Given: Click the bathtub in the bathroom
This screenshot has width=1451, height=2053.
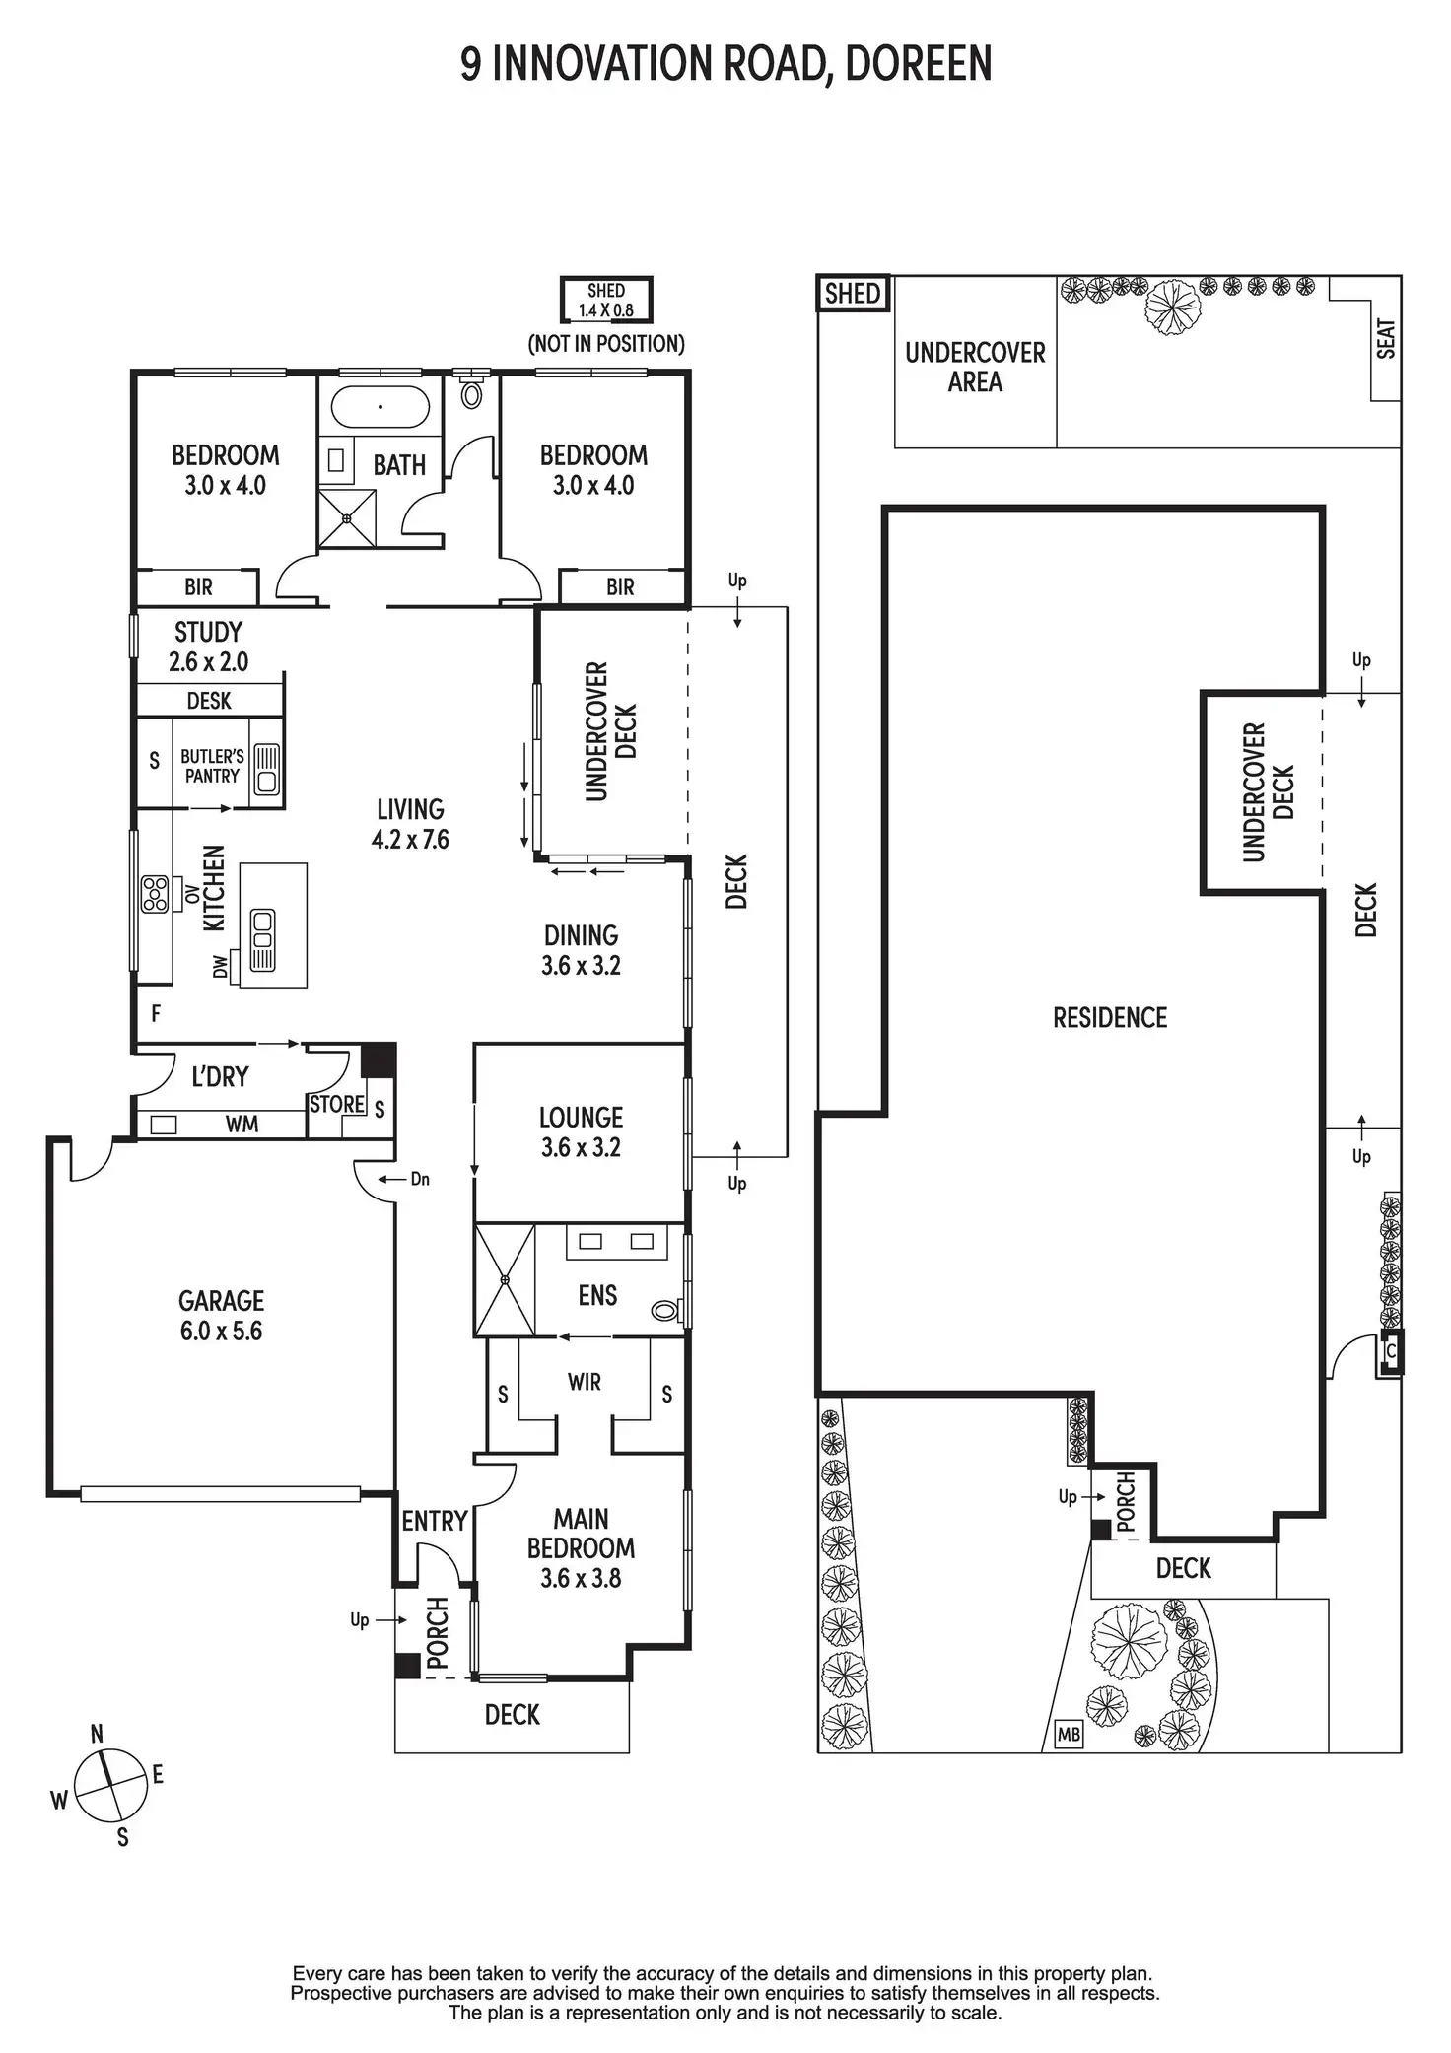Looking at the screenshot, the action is click(x=380, y=406).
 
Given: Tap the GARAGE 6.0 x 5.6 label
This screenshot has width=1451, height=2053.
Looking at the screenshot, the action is click(x=221, y=1316).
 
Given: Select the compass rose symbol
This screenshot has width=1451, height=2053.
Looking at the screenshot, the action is click(x=110, y=1786).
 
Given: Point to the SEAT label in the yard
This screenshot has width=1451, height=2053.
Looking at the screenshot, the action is click(x=1386, y=338).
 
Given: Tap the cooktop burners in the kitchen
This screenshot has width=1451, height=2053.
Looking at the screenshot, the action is click(x=155, y=894).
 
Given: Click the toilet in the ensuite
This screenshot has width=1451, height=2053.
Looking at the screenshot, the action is click(x=666, y=1311).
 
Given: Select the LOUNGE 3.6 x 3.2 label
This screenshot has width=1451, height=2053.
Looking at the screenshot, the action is click(x=581, y=1131).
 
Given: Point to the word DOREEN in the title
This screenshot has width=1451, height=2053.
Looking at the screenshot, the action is click(x=918, y=64).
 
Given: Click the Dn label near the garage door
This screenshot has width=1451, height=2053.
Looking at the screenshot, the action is click(x=420, y=1179).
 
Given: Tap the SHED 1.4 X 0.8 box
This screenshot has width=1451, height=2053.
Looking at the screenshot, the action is click(x=606, y=301).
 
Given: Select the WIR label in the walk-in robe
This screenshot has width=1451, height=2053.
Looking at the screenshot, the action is click(x=584, y=1382).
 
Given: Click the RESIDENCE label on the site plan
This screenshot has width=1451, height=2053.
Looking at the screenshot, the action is click(x=1109, y=1017).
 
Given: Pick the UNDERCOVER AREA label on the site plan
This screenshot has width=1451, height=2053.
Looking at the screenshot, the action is click(x=975, y=367).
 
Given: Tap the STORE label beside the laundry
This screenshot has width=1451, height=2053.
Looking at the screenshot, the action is click(x=336, y=1104).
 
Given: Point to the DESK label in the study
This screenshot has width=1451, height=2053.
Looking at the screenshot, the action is click(x=209, y=701).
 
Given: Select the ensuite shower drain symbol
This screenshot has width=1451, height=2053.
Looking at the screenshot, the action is click(x=505, y=1280).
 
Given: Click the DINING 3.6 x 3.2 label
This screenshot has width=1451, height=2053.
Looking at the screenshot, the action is click(x=581, y=950).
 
